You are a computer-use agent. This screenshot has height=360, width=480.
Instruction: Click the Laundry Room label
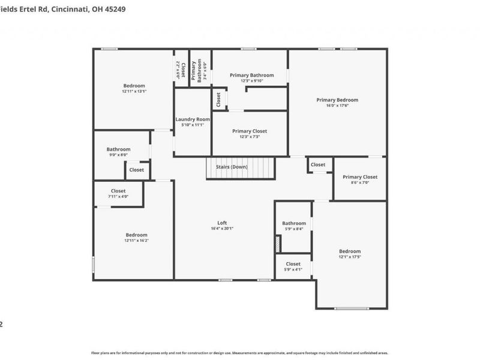coord(193,119)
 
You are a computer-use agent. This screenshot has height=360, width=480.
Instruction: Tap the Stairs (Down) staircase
coord(240,168)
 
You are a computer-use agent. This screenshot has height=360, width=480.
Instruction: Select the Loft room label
coord(222,223)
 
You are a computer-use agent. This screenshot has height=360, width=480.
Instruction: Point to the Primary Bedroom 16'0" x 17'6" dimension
coord(337,105)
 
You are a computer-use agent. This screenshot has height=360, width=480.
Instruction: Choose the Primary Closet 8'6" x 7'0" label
coord(360,177)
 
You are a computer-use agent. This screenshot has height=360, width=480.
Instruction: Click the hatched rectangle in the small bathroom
coord(277,244)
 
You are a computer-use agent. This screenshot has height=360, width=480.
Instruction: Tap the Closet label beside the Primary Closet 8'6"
coord(318,164)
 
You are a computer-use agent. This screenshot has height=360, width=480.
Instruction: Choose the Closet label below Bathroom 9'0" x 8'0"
coord(136,170)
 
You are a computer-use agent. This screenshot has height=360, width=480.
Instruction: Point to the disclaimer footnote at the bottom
coord(240,353)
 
